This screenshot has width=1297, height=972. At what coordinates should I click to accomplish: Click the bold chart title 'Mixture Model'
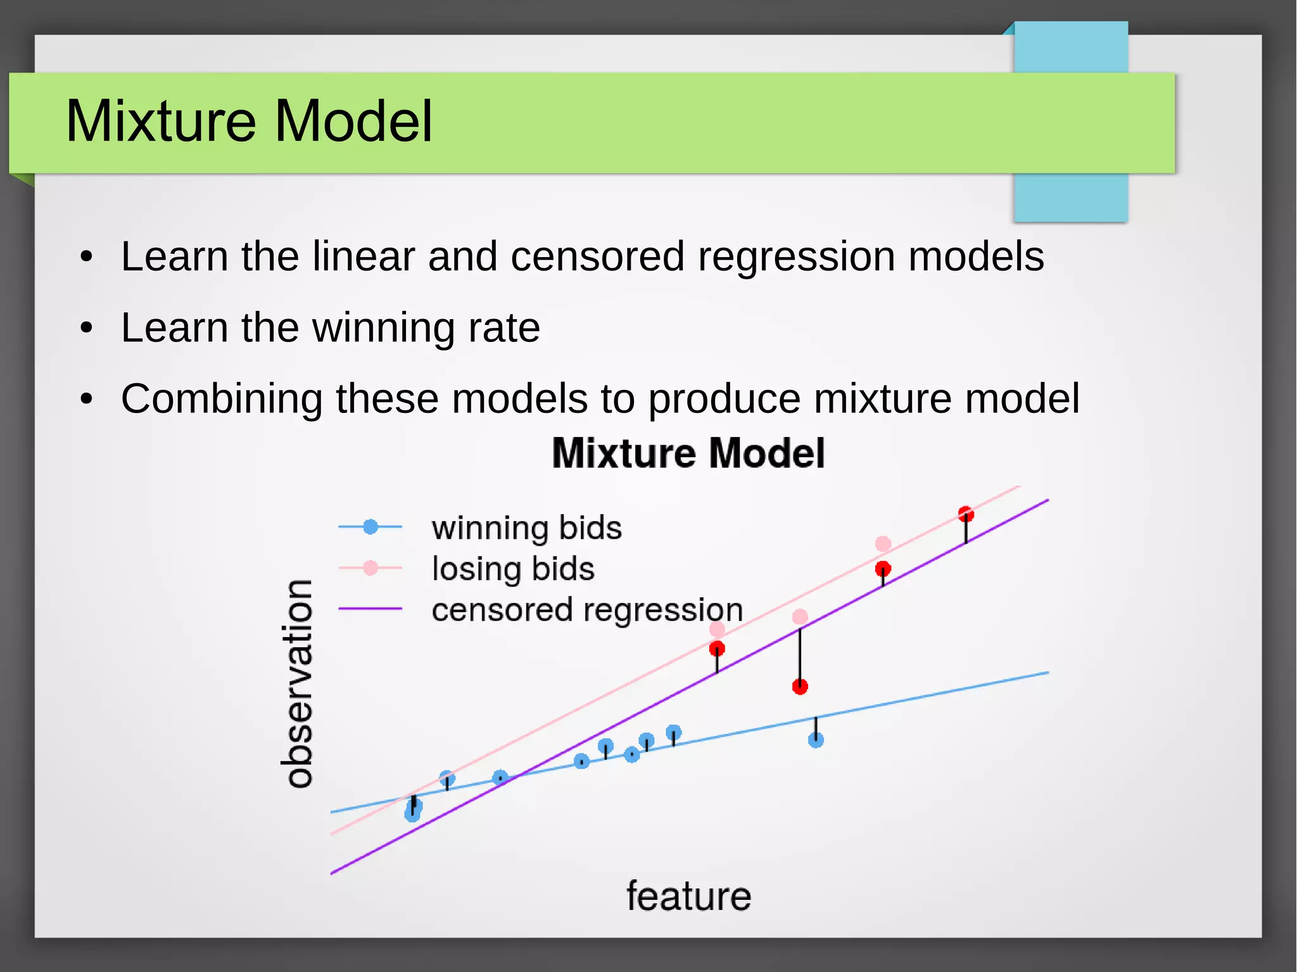(x=688, y=453)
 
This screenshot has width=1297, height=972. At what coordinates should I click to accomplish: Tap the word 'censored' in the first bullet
(x=597, y=256)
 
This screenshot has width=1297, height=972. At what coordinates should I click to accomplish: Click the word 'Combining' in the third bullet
(x=222, y=399)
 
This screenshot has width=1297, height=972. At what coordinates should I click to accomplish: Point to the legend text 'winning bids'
(x=526, y=527)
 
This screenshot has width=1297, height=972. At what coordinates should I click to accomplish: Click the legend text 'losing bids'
(x=513, y=568)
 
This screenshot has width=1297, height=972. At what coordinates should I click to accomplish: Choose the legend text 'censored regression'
(x=587, y=609)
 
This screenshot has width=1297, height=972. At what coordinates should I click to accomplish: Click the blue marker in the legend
(x=370, y=526)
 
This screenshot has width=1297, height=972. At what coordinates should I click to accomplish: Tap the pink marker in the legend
(x=370, y=568)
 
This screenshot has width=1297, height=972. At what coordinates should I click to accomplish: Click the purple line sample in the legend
(x=370, y=609)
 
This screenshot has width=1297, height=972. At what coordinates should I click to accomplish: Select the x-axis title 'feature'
(x=688, y=896)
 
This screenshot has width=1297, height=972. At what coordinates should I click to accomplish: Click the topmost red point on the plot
(x=966, y=514)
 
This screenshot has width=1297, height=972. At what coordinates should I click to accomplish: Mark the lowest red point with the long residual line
(x=800, y=686)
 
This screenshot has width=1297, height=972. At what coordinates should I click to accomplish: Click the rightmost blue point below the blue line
(x=816, y=740)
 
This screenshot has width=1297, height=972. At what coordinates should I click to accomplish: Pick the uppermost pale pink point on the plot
(x=883, y=543)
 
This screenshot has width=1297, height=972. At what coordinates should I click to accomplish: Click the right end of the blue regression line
(x=1046, y=673)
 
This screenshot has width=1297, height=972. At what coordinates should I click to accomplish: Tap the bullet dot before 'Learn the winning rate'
(x=87, y=328)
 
